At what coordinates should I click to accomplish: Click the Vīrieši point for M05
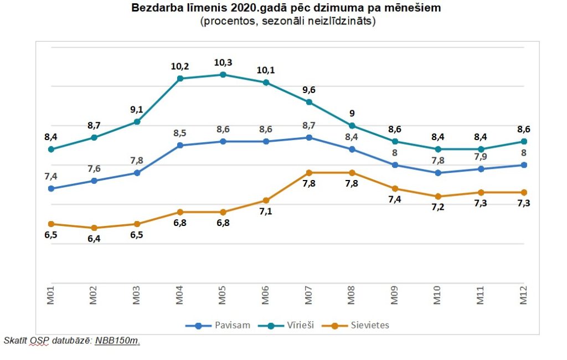223,75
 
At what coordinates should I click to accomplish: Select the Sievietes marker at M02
94,228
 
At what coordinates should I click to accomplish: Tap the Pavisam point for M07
309,137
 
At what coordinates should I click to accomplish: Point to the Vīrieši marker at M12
524,141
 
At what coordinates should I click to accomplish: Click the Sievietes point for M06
266,200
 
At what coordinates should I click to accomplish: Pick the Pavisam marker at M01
51,188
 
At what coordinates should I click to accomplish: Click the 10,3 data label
223,62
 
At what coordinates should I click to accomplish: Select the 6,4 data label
94,240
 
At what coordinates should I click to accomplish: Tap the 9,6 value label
309,89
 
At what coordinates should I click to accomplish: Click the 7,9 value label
481,157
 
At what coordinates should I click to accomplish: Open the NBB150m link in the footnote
117,340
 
